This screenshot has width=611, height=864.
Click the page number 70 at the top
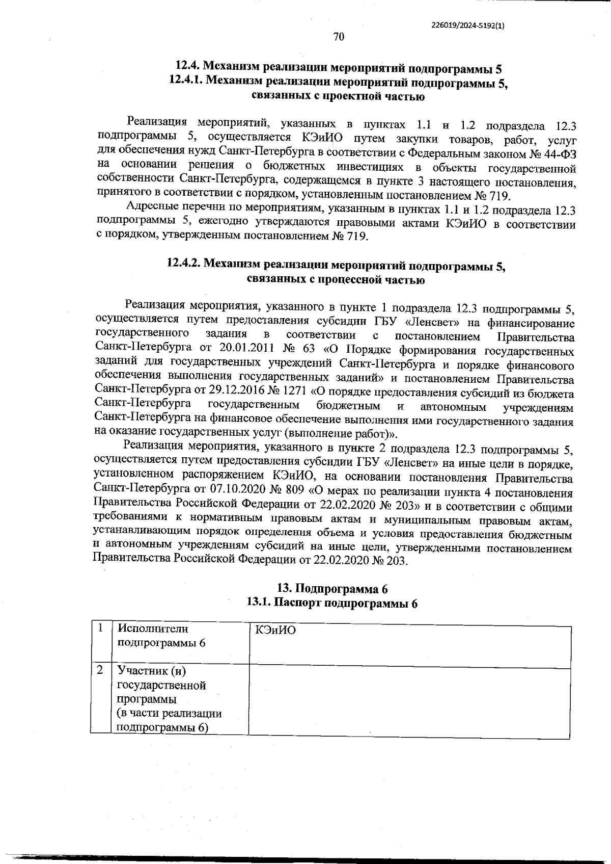339,37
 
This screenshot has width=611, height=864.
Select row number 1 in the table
101,628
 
